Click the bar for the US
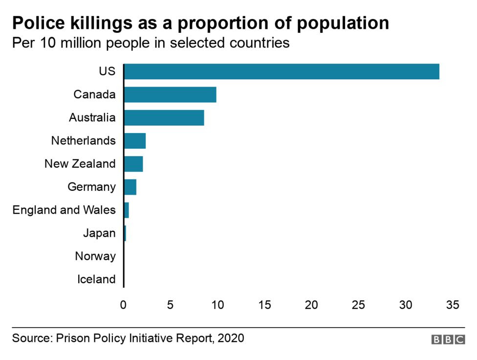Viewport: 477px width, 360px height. pyautogui.click(x=282, y=71)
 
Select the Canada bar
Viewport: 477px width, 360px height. pyautogui.click(x=170, y=94)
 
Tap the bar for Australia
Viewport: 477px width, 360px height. pyautogui.click(x=164, y=118)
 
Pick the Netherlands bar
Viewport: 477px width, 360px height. pyautogui.click(x=135, y=141)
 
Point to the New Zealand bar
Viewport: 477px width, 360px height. pyautogui.click(x=133, y=164)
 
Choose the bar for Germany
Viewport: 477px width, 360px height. pyautogui.click(x=130, y=187)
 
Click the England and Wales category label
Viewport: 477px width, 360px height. pyautogui.click(x=64, y=210)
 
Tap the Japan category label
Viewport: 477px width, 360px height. pyautogui.click(x=99, y=233)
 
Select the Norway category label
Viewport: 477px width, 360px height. pyautogui.click(x=95, y=256)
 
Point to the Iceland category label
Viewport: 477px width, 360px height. pyautogui.click(x=96, y=279)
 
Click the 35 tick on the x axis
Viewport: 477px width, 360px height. pyautogui.click(x=453, y=305)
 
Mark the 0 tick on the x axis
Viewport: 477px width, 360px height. pyautogui.click(x=124, y=305)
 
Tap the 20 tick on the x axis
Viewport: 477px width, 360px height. pyautogui.click(x=312, y=305)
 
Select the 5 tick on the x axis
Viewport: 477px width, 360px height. pyautogui.click(x=171, y=305)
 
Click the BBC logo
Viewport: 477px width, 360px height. pyautogui.click(x=448, y=339)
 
